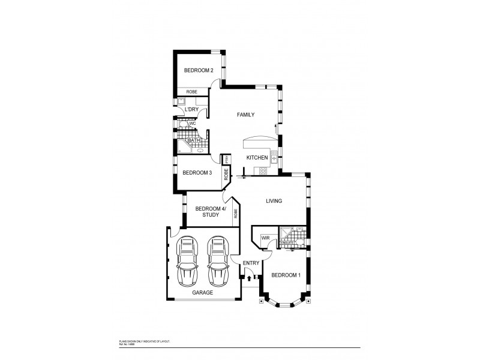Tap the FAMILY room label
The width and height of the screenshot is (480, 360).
pos(246,115)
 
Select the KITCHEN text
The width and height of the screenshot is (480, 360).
pos(257,158)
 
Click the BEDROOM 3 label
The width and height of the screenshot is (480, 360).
pos(197,173)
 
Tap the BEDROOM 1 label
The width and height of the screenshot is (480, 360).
pos(286,275)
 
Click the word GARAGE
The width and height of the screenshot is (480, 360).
pos(203,293)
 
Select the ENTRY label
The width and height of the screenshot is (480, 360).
pos(251,263)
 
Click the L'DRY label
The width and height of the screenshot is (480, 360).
pos(191,110)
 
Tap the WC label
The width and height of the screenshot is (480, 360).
pos(193,124)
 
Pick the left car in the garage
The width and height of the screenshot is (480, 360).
pos(188,261)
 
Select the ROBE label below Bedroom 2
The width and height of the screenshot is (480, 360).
pos(191,91)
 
